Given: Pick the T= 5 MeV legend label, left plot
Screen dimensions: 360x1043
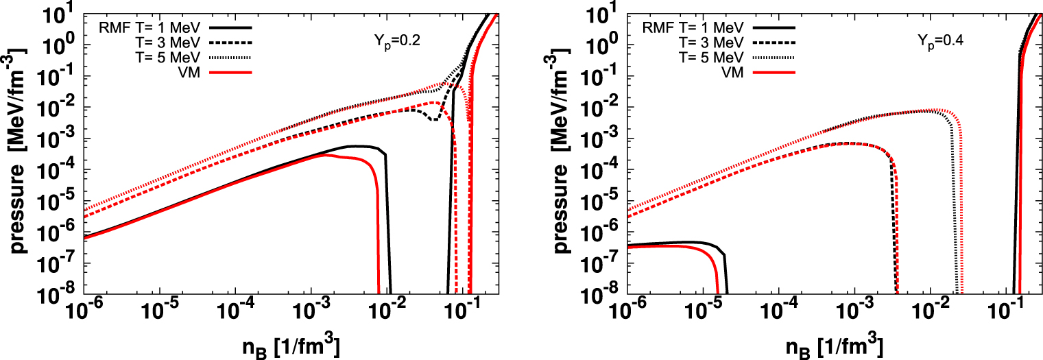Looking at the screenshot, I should coord(167,57).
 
